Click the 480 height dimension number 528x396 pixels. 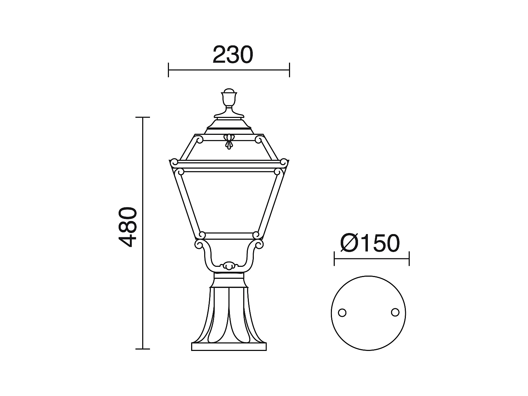pos(127,227)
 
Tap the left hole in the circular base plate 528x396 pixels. pos(342,313)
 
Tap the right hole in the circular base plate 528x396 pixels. pos(395,312)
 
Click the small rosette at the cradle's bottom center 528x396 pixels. pos(229,266)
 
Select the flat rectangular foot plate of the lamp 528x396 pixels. pos(229,346)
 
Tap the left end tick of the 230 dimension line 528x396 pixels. pos(169,70)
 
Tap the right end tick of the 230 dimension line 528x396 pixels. pos(289,70)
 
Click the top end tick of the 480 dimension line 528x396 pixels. pos(143,117)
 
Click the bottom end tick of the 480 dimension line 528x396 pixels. pos(143,349)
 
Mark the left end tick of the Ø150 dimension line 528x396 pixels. pos(334,258)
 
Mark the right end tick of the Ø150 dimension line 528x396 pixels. pos(409,258)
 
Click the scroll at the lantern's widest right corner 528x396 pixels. pos(284,162)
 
